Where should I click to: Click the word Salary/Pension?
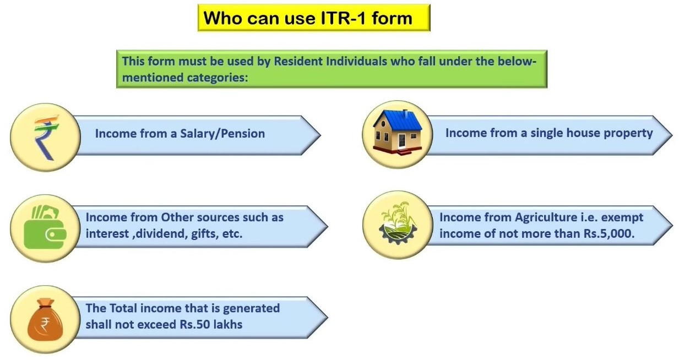[222, 133]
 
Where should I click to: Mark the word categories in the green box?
[215, 77]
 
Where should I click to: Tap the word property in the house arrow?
[628, 133]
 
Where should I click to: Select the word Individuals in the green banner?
[358, 61]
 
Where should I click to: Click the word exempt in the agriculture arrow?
[624, 217]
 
